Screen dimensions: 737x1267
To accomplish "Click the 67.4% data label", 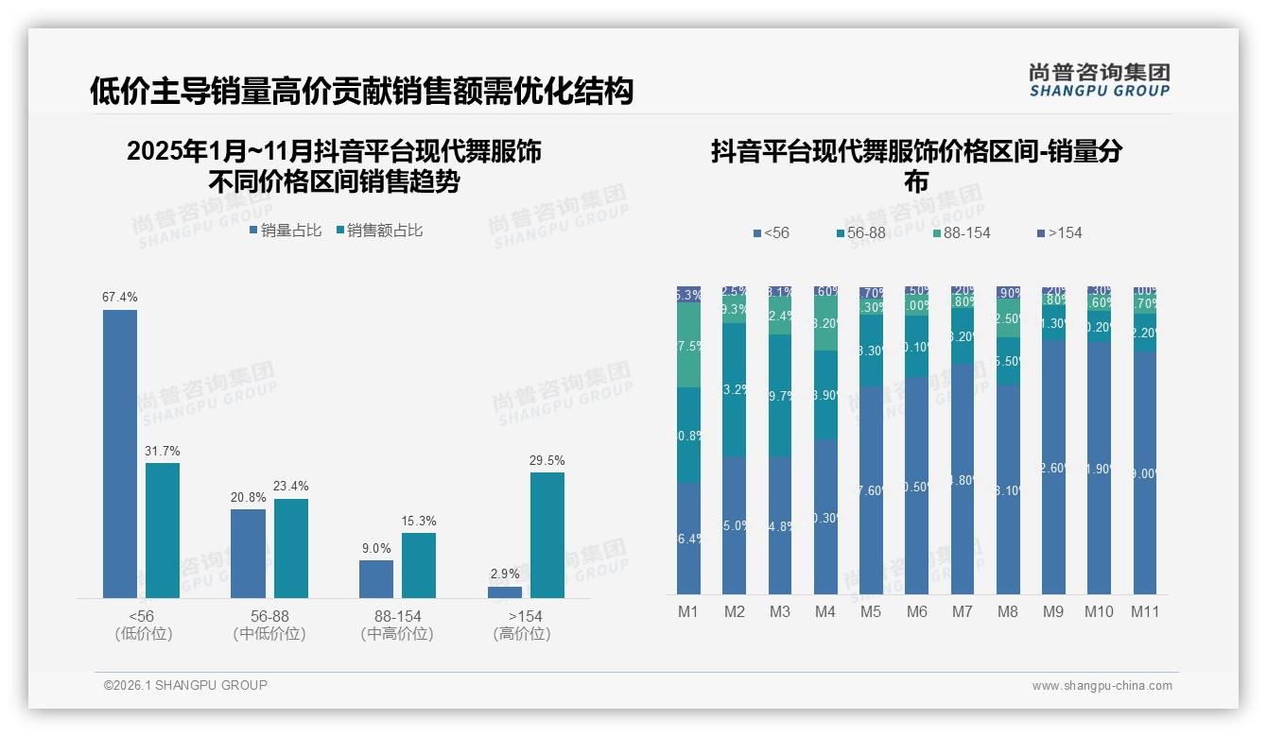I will pyautogui.click(x=120, y=297).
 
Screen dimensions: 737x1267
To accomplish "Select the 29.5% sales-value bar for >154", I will pyautogui.click(x=547, y=535).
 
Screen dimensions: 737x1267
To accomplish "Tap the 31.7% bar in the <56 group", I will pyautogui.click(x=163, y=530).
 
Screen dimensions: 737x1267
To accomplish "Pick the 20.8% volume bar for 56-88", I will pyautogui.click(x=248, y=553).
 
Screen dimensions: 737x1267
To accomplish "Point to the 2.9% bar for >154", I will pyautogui.click(x=505, y=592).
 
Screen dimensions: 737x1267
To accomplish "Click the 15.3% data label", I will pyautogui.click(x=419, y=521).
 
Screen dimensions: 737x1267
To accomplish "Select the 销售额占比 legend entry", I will pyautogui.click(x=378, y=230).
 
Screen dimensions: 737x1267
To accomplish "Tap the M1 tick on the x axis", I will pyautogui.click(x=688, y=611).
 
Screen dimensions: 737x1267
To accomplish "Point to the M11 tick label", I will pyautogui.click(x=1145, y=611).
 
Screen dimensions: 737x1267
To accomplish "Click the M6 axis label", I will pyautogui.click(x=916, y=611).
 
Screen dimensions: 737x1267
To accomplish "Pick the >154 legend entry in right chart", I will pyautogui.click(x=1059, y=232).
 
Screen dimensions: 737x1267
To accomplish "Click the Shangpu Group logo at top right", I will pyautogui.click(x=1099, y=80).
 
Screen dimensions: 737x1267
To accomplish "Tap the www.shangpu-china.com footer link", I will pyautogui.click(x=1102, y=686).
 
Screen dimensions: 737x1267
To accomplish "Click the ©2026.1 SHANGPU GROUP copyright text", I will pyautogui.click(x=185, y=685).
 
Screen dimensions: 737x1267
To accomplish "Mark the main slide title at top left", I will pyautogui.click(x=360, y=92).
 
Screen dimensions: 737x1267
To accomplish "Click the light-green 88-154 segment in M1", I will pyautogui.click(x=688, y=345).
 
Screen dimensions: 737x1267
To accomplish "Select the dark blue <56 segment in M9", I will pyautogui.click(x=1053, y=467).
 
